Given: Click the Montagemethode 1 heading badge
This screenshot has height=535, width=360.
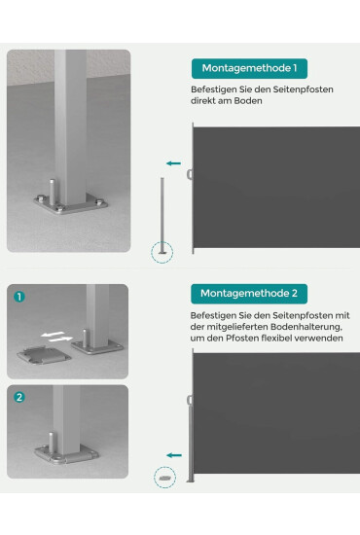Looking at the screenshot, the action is (249, 69).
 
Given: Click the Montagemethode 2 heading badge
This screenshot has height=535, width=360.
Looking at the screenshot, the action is (249, 294).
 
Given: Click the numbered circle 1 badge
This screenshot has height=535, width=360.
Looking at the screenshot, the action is (19, 297).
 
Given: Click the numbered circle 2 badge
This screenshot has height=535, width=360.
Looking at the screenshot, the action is (19, 397).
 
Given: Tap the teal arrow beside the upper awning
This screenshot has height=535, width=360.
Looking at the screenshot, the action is (173, 163).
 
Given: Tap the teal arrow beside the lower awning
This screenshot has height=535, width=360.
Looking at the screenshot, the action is (174, 455).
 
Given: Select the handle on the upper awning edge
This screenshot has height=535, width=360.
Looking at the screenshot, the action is (190, 174).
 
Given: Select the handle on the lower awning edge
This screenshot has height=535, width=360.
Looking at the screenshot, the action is (190, 400).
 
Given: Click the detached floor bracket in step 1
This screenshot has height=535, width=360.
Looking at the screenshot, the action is (44, 355).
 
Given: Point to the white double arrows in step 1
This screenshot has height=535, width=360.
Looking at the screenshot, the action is (56, 337).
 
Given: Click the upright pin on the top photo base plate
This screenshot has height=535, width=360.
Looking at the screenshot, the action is (53, 192).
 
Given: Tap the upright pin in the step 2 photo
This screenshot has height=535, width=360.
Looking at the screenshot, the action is (52, 443).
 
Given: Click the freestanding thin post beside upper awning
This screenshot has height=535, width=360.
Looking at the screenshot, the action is (162, 215).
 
